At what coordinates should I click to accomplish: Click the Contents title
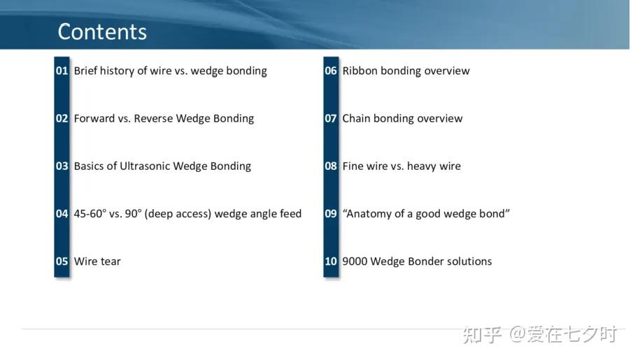pos(102,32)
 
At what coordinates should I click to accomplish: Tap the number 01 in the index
pos(62,71)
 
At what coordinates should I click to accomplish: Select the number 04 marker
pos(62,214)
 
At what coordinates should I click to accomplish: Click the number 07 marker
pos(331,119)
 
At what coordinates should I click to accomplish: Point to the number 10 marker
pos(331,261)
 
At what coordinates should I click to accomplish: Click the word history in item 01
pos(117,71)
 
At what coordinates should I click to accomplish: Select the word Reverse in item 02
pos(153,119)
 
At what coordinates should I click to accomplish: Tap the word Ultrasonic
pos(145,166)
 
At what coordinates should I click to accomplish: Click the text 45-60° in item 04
pos(90,213)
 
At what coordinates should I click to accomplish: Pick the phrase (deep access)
pos(178,214)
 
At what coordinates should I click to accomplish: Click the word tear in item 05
pos(111,262)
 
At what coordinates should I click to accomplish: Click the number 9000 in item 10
pos(355,261)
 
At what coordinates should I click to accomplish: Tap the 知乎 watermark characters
pos(483,335)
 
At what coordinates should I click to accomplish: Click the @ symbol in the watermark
pos(517,335)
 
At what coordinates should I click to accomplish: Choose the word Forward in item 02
pos(94,119)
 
